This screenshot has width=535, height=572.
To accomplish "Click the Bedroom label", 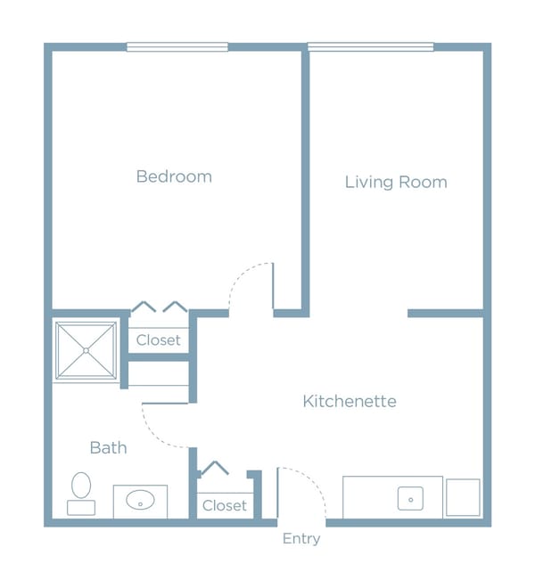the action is pos(174,176).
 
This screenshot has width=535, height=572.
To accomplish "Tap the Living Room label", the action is pos(396,182).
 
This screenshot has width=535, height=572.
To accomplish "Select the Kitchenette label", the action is pos(350,401).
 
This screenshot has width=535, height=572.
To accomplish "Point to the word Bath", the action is pos(109,447).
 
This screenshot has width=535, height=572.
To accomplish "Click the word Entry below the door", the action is pos(301,539).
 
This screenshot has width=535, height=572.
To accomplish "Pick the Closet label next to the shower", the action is pos(158,340).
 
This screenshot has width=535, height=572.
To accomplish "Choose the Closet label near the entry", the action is pos(225,505).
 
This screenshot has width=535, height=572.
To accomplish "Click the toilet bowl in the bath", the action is pos(81,486).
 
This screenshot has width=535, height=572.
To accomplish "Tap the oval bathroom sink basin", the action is pos(140,500).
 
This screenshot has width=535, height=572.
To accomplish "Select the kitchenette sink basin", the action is pos(410,499).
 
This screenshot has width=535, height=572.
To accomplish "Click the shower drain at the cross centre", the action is pos(86,350).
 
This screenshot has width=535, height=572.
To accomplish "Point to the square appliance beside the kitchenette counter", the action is pos(463,497).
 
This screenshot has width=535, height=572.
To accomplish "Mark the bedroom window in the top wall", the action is pos(177,46).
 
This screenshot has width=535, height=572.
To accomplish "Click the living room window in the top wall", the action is pos(371,46).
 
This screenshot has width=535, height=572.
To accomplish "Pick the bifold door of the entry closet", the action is pos(215,468).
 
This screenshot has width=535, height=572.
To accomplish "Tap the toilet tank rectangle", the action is pos(81,508).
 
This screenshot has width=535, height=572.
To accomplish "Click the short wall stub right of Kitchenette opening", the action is pos(446,314).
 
